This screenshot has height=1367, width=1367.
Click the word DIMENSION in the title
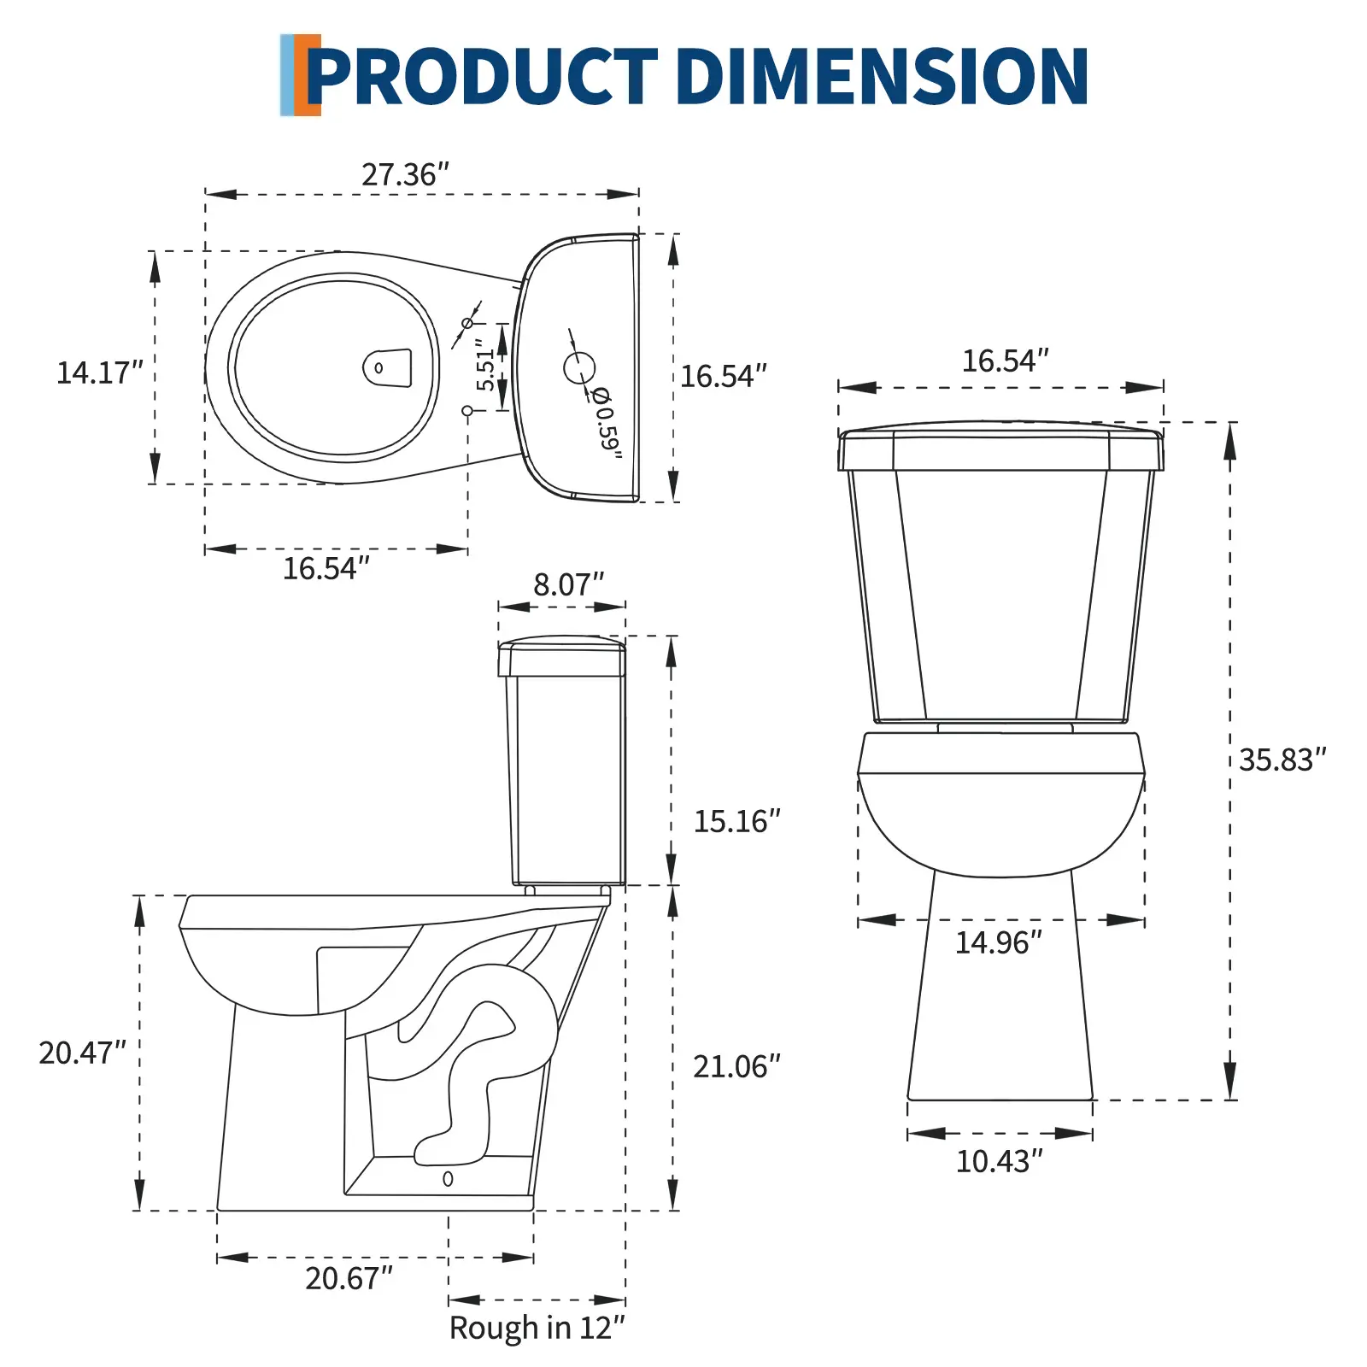click(882, 76)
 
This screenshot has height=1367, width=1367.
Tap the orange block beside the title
click(308, 75)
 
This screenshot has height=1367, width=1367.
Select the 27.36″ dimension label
click(405, 174)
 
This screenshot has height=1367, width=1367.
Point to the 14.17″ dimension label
click(99, 373)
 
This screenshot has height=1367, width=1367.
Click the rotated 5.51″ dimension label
click(486, 365)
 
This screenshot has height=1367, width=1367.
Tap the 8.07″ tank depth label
click(568, 584)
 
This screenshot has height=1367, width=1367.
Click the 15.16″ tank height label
click(736, 821)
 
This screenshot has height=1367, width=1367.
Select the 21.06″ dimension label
click(736, 1066)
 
